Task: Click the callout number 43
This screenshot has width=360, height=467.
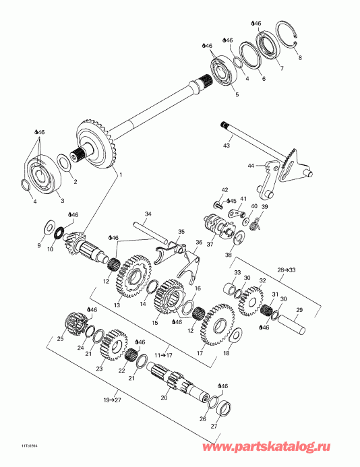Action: [227, 146]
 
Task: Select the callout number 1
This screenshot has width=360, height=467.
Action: [121, 175]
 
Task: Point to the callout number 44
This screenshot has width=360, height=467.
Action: [251, 165]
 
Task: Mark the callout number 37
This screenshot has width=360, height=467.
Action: [210, 244]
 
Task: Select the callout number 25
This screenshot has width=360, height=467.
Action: [59, 338]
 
